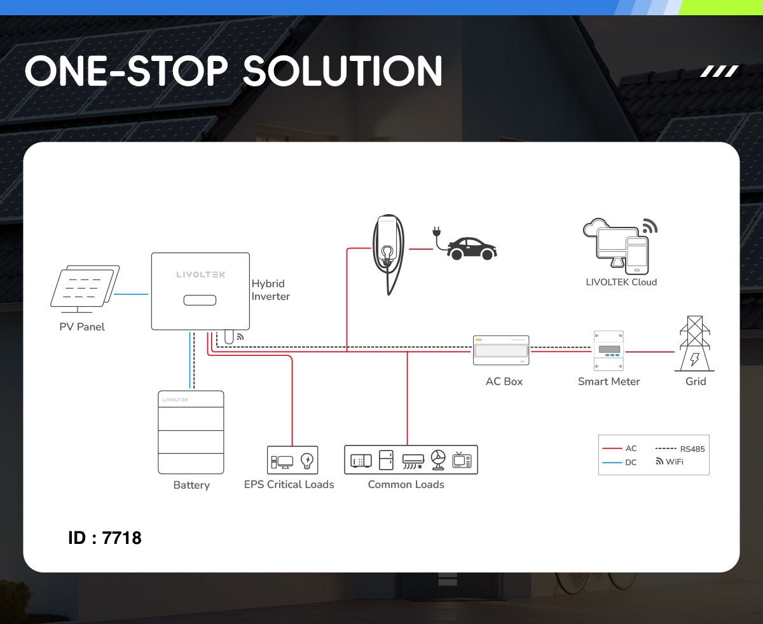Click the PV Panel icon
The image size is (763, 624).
pyautogui.click(x=85, y=289)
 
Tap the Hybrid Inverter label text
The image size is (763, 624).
pyautogui.click(x=270, y=290)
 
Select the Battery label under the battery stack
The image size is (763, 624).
pyautogui.click(x=191, y=485)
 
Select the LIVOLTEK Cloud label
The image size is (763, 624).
pyautogui.click(x=621, y=281)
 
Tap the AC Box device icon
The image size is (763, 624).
pyautogui.click(x=501, y=350)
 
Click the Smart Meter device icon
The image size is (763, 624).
pyautogui.click(x=608, y=351)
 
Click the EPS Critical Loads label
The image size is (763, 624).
pyautogui.click(x=289, y=484)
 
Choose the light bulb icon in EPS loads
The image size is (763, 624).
pyautogui.click(x=306, y=460)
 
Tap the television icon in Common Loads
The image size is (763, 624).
pyautogui.click(x=462, y=460)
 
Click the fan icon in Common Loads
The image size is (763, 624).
pyautogui.click(x=438, y=460)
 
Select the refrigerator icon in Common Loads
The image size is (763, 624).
pyautogui.click(x=386, y=460)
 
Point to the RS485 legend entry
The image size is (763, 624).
pyautogui.click(x=680, y=449)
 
